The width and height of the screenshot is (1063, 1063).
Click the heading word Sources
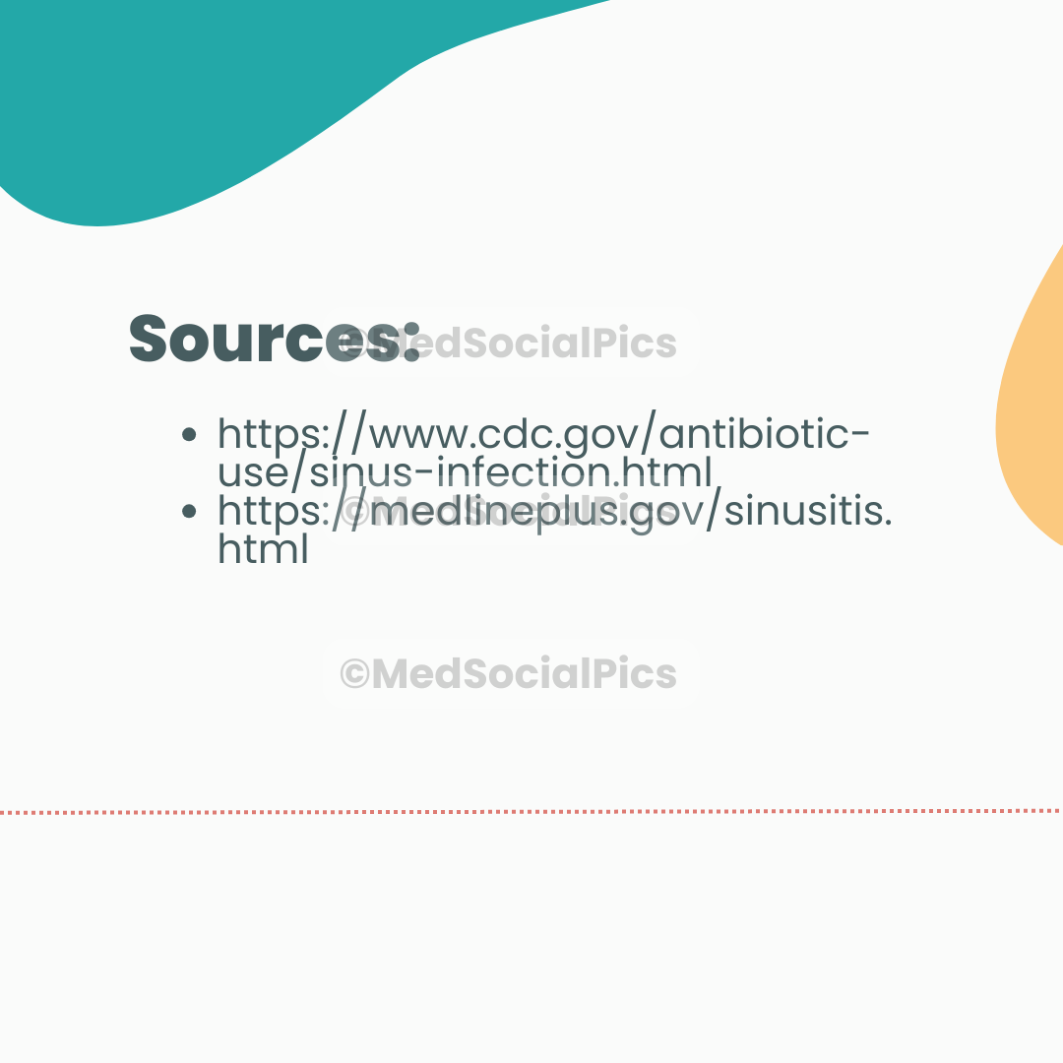[274, 340]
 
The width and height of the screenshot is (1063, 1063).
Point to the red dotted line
[531, 812]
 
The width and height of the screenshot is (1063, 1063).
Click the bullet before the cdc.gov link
[190, 435]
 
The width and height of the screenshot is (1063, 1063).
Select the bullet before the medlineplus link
[190, 512]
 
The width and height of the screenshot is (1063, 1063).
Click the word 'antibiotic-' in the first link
[767, 434]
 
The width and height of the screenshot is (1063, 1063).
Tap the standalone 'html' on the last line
[263, 549]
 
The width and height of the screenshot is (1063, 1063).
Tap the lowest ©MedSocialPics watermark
[509, 674]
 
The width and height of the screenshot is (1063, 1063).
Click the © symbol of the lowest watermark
[354, 674]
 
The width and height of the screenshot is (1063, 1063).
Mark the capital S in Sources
[151, 340]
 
